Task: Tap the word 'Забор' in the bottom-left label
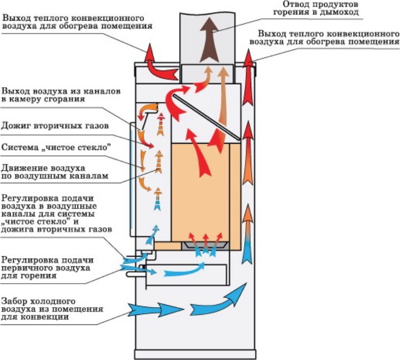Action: click(x=16, y=300)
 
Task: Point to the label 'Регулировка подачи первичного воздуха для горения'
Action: click(x=47, y=267)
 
